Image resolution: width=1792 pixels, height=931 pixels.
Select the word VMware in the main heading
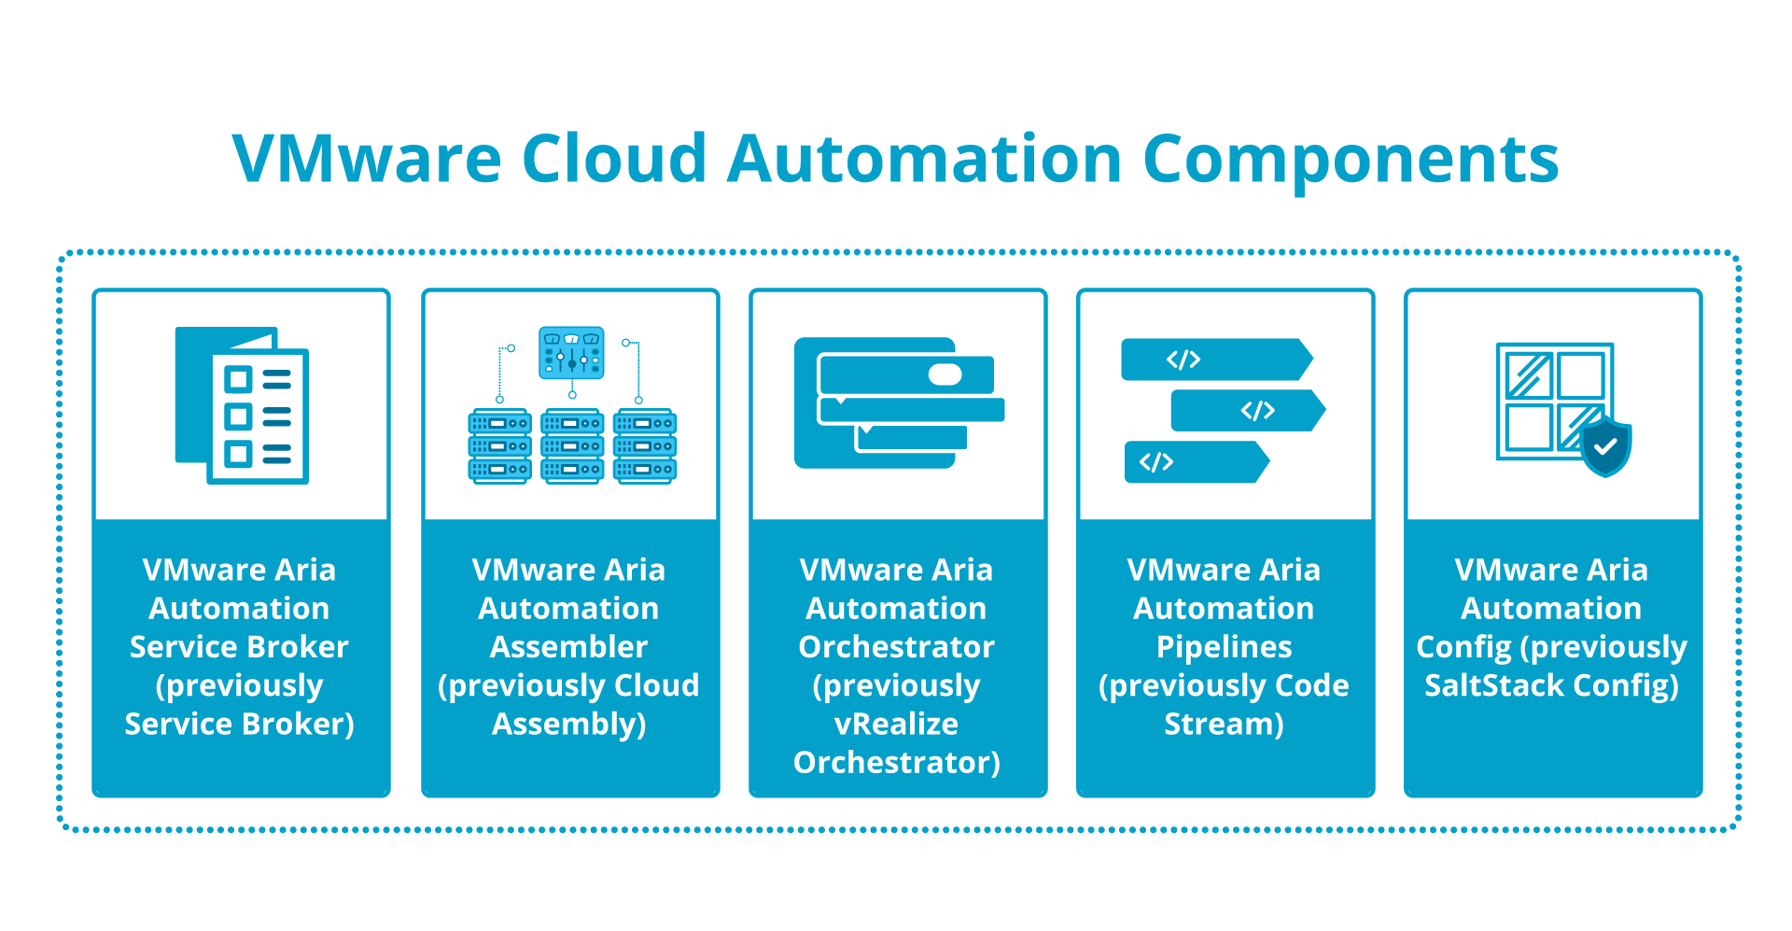click(367, 159)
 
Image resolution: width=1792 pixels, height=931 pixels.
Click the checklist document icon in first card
click(243, 405)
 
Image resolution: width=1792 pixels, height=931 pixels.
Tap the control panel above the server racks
click(571, 352)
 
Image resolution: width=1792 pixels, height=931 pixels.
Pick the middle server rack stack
click(572, 445)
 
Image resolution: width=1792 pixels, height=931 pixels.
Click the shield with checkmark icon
click(1605, 446)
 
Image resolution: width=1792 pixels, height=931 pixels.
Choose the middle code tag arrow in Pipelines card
click(1247, 411)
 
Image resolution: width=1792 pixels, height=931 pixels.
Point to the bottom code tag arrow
click(1196, 462)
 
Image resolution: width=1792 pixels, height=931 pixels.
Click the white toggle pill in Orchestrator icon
click(945, 374)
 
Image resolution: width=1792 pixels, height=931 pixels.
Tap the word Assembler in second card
click(568, 647)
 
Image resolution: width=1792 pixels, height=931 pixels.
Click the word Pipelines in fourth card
click(1224, 647)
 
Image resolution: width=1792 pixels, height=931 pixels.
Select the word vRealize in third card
click(896, 724)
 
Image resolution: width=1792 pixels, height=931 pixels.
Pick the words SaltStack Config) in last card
click(1551, 685)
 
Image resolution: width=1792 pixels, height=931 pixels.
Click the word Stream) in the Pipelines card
click(1224, 724)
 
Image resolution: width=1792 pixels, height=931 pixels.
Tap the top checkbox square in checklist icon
click(238, 379)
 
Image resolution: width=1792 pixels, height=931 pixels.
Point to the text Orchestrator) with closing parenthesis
click(896, 763)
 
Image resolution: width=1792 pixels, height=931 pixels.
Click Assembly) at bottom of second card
click(568, 724)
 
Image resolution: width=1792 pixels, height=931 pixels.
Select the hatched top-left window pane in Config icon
click(1528, 375)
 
